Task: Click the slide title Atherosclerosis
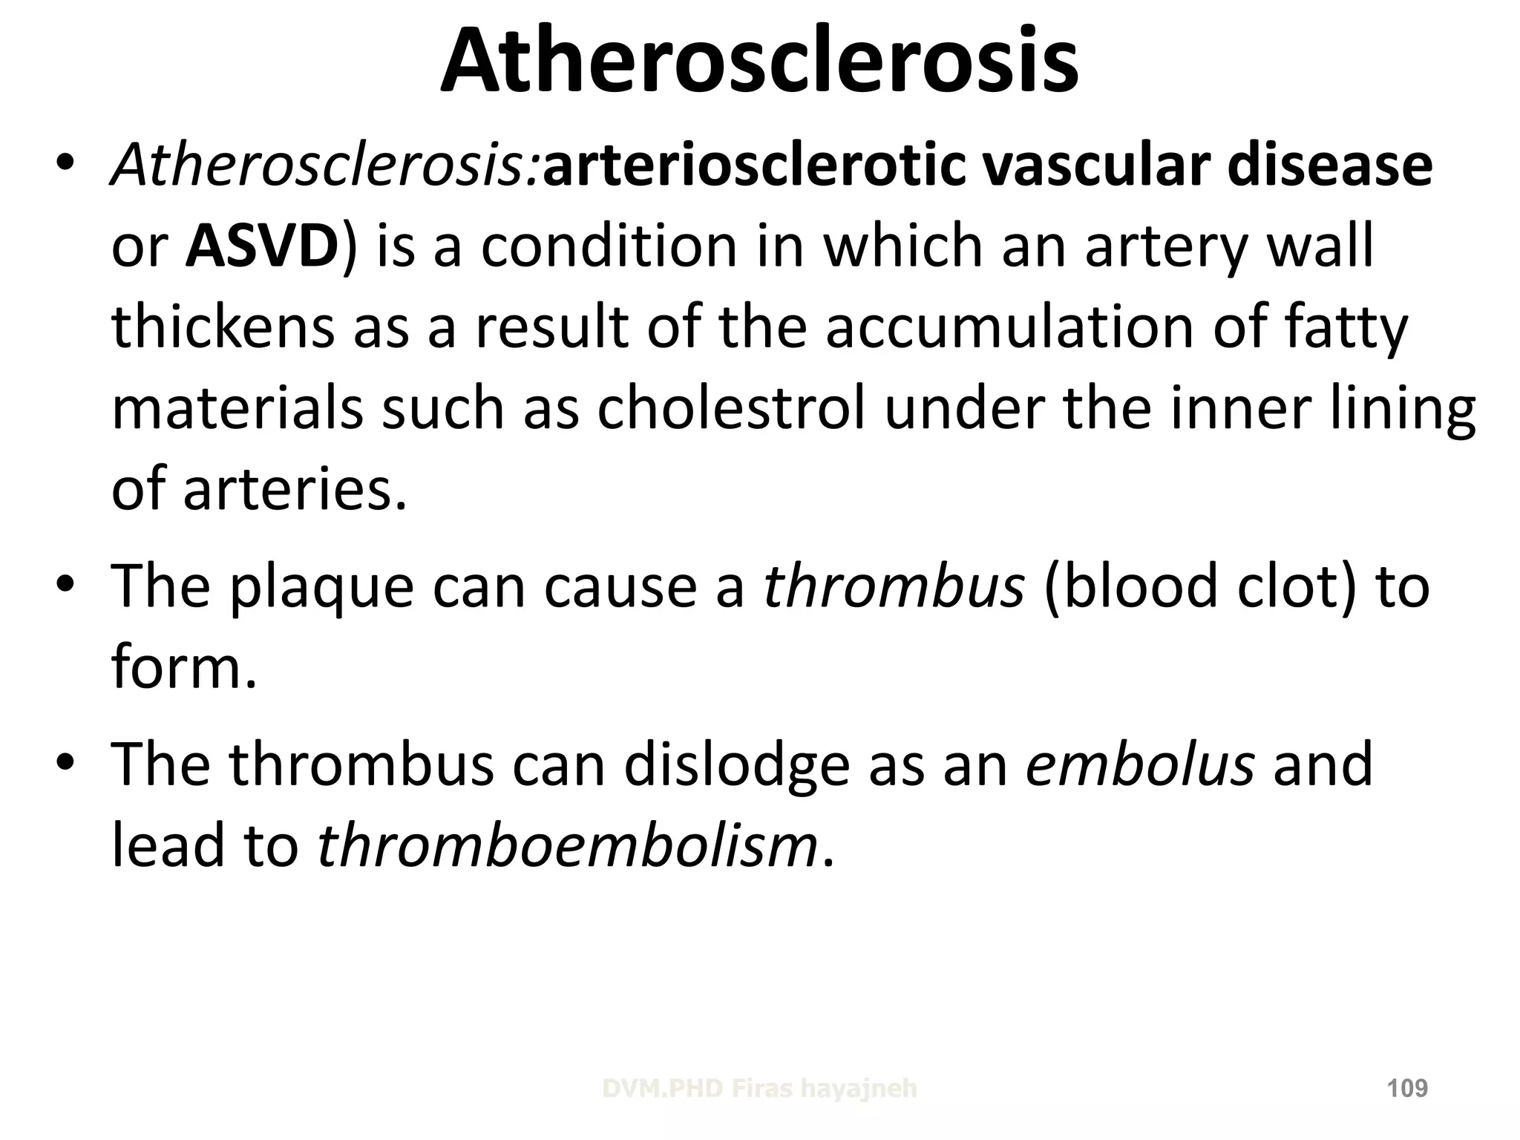click(x=759, y=61)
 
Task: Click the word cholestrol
click(x=731, y=408)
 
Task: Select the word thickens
click(x=223, y=327)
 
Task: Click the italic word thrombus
click(x=894, y=586)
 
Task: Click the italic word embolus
click(x=1140, y=764)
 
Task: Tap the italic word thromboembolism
click(x=568, y=845)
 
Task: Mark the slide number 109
click(x=1407, y=1089)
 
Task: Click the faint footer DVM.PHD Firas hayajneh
click(x=759, y=1089)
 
